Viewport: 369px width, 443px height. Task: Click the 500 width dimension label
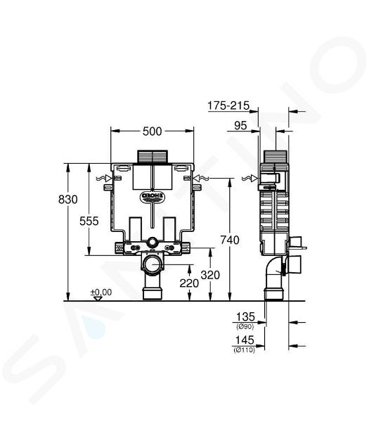(x=153, y=131)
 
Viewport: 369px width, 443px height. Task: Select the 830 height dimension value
(x=67, y=200)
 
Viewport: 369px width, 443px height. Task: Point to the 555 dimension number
(x=89, y=221)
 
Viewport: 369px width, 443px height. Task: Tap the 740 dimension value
(x=230, y=240)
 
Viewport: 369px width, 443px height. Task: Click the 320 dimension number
(x=210, y=275)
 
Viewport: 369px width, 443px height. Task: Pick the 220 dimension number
(x=189, y=283)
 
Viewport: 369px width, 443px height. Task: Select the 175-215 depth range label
(x=228, y=105)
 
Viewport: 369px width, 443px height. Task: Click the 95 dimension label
(x=240, y=125)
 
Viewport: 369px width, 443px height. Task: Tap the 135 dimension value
(x=245, y=316)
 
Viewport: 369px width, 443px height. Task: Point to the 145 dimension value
(x=245, y=340)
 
